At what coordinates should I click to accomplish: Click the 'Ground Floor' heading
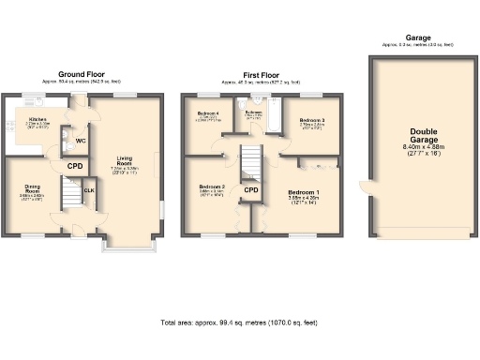[x=81, y=74]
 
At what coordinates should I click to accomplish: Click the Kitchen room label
[x=37, y=120]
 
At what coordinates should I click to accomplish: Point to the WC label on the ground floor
[x=81, y=142]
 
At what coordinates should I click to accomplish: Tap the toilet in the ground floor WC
[x=66, y=144]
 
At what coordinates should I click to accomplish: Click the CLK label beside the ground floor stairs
[x=89, y=190]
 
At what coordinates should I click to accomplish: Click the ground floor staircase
[x=71, y=195]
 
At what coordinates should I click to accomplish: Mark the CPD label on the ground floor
[x=75, y=167]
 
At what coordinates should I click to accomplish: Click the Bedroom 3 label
[x=312, y=121]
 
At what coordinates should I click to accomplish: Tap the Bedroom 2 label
[x=211, y=187]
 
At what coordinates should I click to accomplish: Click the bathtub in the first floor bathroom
[x=270, y=123]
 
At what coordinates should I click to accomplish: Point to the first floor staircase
[x=251, y=160]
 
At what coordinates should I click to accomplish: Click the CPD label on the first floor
[x=251, y=190]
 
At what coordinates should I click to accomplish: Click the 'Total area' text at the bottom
[x=239, y=322]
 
